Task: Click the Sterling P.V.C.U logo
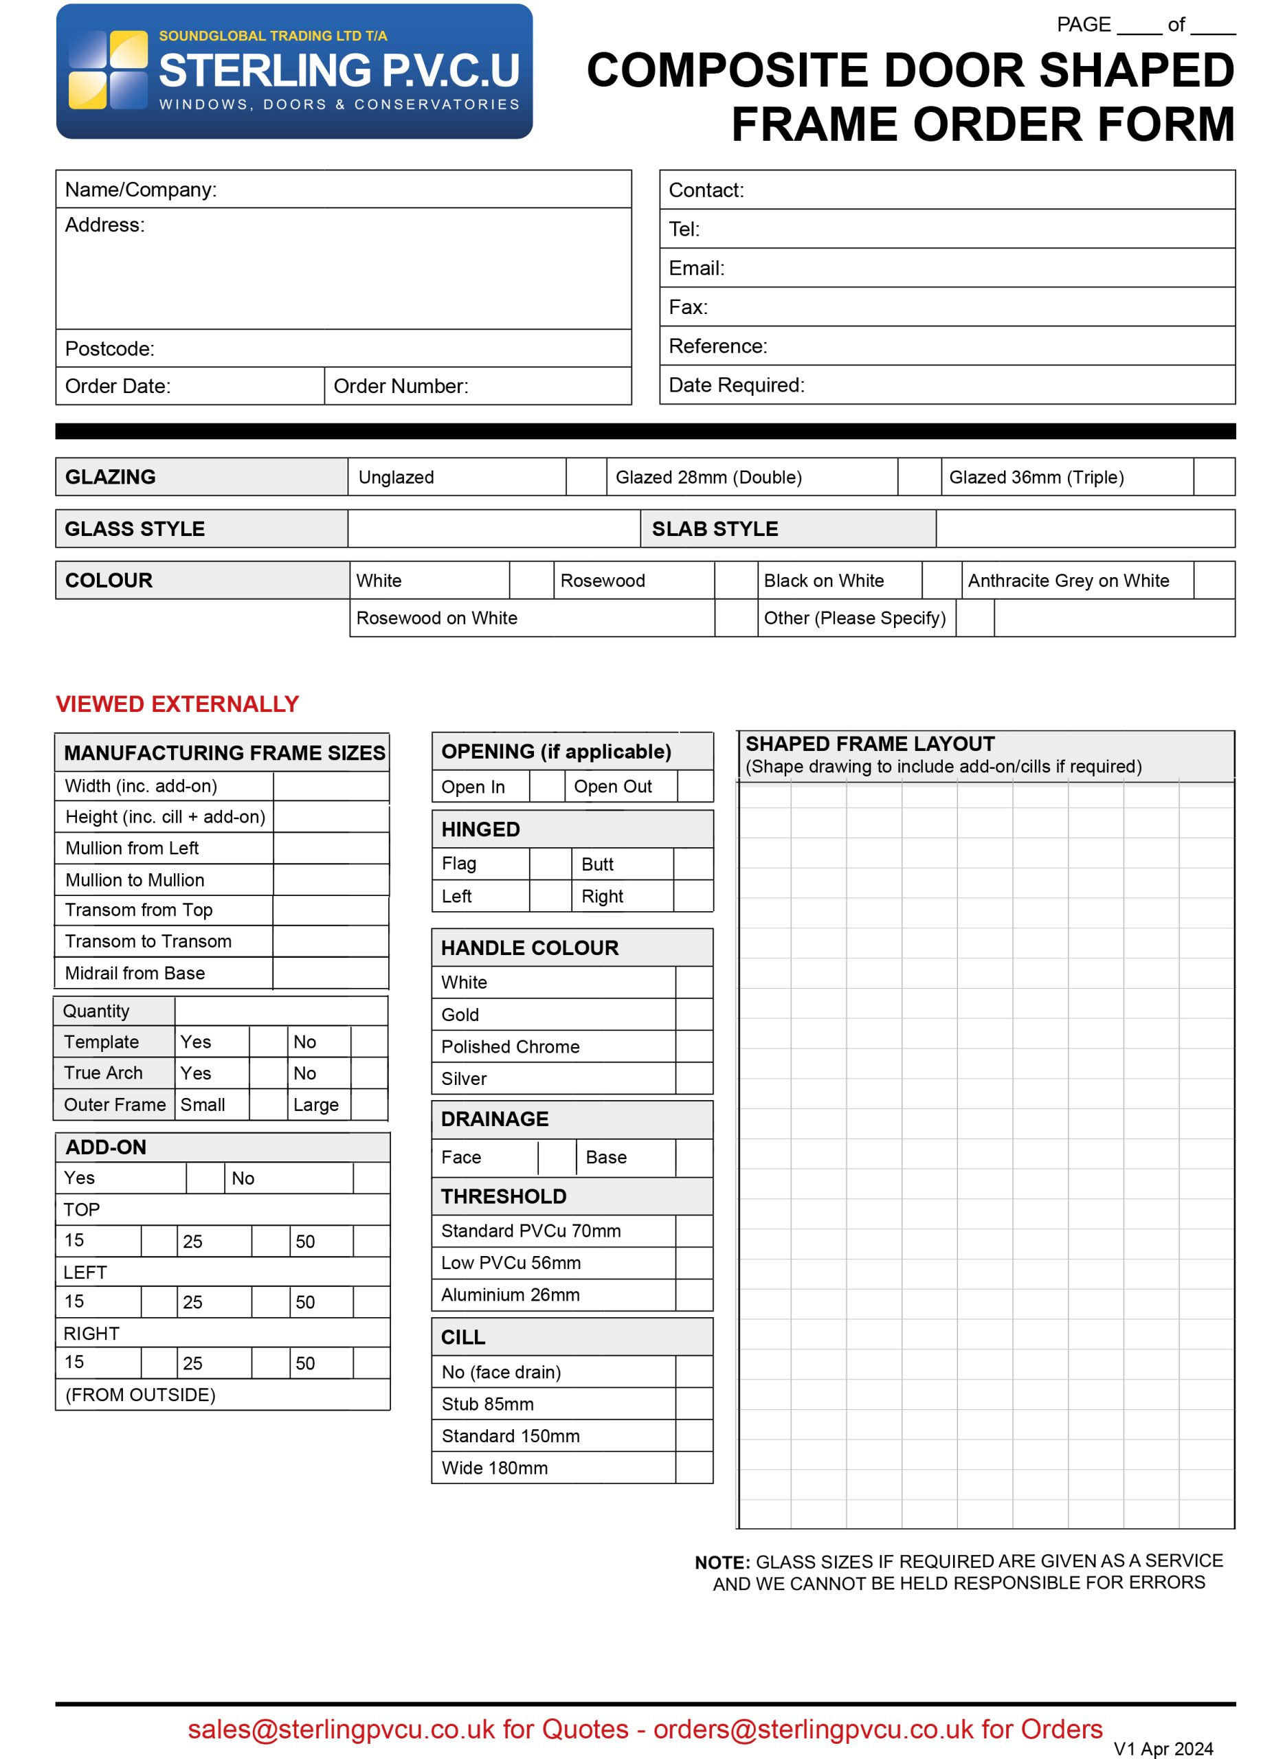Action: click(x=294, y=71)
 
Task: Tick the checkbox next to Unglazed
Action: click(x=585, y=477)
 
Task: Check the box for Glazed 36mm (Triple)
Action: click(x=1214, y=477)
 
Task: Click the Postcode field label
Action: click(x=110, y=348)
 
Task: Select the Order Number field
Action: click(x=544, y=386)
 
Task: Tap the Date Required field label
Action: click(x=736, y=385)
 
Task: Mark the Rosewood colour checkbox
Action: click(x=735, y=580)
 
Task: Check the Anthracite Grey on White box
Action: click(x=1214, y=580)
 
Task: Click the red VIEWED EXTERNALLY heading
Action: click(x=177, y=704)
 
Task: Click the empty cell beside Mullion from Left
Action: click(x=331, y=848)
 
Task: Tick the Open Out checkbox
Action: click(x=695, y=786)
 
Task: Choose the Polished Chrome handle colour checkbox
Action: click(x=694, y=1046)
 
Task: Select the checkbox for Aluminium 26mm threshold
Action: click(x=694, y=1295)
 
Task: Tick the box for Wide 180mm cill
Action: click(x=694, y=1468)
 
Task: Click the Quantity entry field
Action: click(x=281, y=1011)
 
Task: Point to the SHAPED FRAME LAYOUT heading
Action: click(x=870, y=744)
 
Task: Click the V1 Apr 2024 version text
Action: click(x=1163, y=1749)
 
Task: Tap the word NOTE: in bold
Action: click(x=722, y=1563)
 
